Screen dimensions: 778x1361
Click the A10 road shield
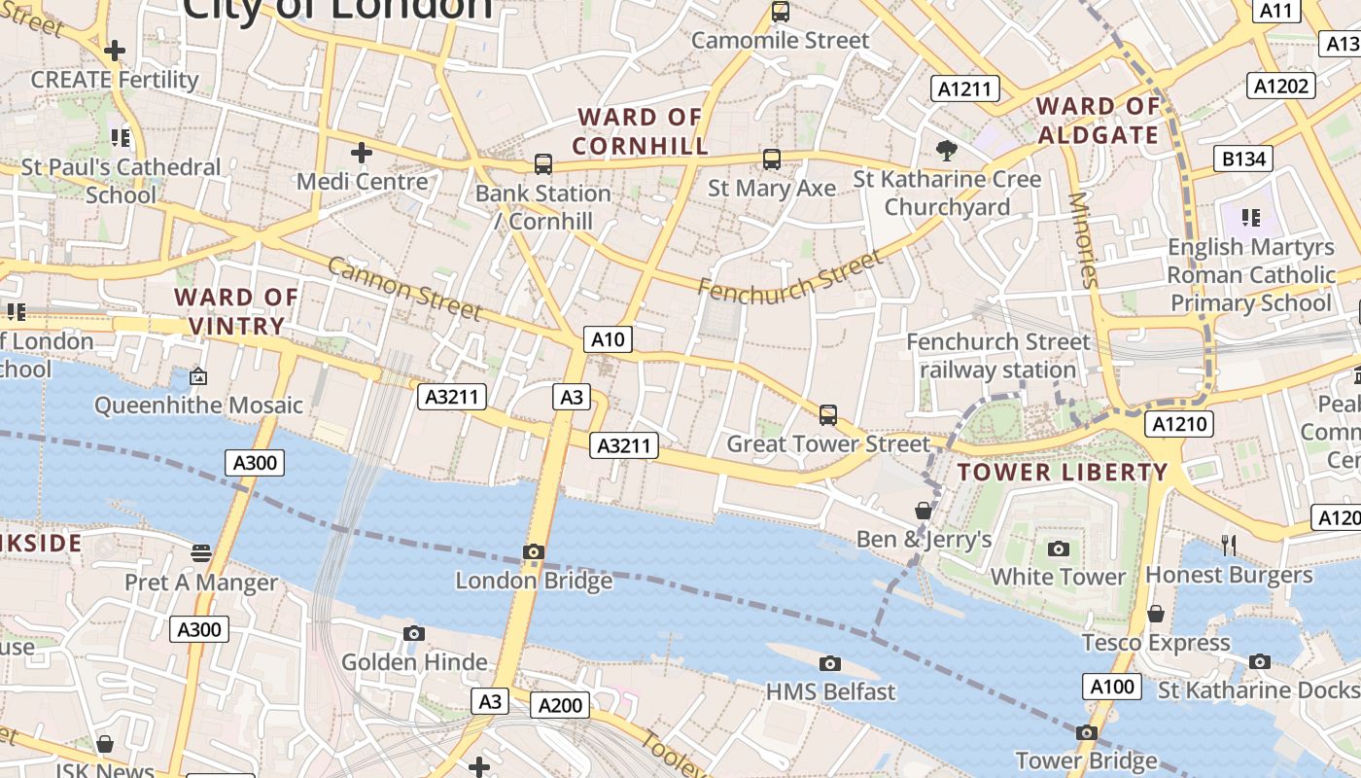point(609,339)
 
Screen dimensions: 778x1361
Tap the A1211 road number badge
point(965,89)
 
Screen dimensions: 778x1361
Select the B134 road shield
point(1243,159)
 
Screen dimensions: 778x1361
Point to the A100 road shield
point(1112,687)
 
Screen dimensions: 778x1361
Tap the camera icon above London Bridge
point(533,552)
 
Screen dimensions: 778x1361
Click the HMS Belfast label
point(830,691)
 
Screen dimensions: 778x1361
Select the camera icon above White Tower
point(1059,548)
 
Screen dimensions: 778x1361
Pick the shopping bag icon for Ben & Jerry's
point(923,511)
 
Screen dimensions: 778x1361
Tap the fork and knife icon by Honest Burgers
point(1229,546)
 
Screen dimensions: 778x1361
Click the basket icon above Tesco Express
point(1156,614)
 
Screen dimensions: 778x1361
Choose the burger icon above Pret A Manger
point(201,553)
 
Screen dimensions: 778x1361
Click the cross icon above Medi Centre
point(362,153)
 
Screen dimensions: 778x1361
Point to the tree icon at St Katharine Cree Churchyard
point(946,150)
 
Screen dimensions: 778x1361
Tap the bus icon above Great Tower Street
point(828,415)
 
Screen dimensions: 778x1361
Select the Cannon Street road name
point(404,288)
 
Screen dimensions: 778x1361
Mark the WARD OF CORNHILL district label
point(640,131)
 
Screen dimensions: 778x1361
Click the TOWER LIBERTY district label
point(1063,473)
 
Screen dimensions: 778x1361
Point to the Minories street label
point(1082,240)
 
